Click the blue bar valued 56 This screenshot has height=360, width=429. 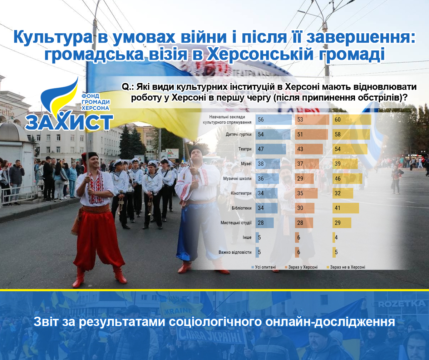(273, 120)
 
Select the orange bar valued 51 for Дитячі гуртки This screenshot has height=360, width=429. (311, 134)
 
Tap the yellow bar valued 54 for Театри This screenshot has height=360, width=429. (350, 149)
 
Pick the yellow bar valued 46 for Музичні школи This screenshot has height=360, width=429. (347, 179)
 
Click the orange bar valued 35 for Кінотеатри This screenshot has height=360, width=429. (306, 193)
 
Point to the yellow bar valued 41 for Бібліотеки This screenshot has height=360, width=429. (346, 208)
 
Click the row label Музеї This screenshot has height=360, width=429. (246, 164)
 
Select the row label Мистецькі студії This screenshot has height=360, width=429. (236, 223)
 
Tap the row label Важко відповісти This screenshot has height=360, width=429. (235, 252)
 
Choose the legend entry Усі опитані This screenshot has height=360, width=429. (264, 267)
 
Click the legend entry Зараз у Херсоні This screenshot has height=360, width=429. (301, 267)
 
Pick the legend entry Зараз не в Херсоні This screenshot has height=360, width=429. (346, 267)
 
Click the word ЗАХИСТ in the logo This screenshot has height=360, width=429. (69, 122)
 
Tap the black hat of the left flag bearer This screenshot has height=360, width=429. (90, 156)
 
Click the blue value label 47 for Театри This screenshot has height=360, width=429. (261, 149)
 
